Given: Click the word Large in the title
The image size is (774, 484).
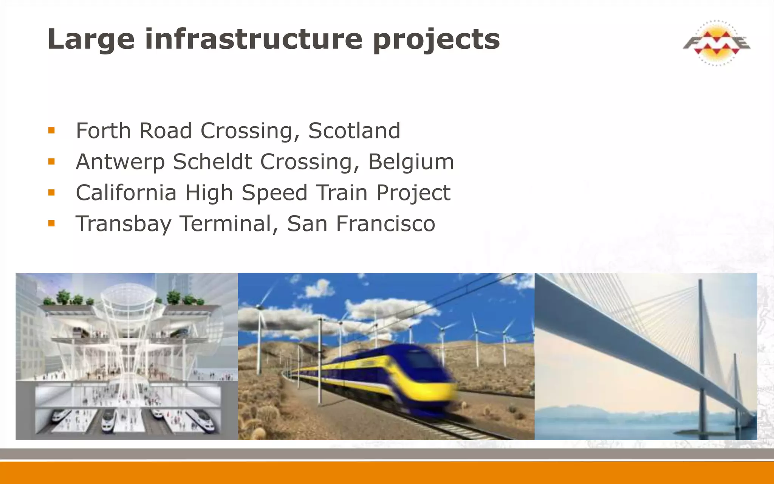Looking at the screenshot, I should point(91,40).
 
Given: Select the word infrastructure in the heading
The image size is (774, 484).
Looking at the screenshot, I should point(254,39).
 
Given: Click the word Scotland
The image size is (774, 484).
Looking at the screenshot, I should point(354,131).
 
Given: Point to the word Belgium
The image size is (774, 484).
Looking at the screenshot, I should point(411,162).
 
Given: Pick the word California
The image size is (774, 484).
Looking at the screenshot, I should point(126,192).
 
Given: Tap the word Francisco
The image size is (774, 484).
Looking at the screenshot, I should point(385,223).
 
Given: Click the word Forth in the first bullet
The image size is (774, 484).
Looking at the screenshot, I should point(103,131).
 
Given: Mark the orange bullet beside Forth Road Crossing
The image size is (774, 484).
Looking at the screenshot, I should point(52,131).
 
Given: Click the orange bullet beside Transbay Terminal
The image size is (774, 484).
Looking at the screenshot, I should point(52,223).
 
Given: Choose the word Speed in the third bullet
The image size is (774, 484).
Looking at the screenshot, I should point(274,193).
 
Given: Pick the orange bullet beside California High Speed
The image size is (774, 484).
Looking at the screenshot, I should point(52,193).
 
